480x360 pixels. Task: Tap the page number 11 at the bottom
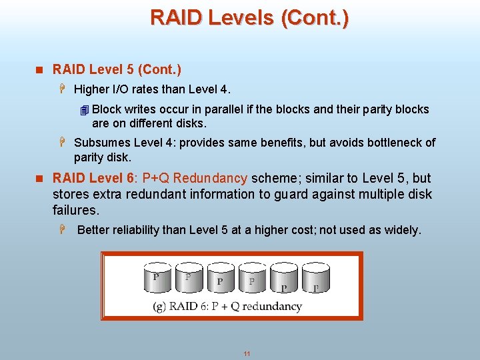(247, 353)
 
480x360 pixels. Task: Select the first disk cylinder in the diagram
(157, 278)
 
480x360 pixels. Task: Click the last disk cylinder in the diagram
(315, 278)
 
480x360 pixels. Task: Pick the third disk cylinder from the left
(220, 278)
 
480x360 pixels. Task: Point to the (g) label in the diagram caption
(159, 307)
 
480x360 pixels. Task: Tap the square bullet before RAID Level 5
(39, 70)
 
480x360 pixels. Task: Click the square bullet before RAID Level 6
(39, 179)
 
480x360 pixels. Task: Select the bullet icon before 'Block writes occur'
(83, 110)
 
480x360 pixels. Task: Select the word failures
(75, 211)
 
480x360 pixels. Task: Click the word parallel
(219, 109)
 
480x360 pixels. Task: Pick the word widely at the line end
(401, 231)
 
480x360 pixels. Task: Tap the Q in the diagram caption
(232, 307)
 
